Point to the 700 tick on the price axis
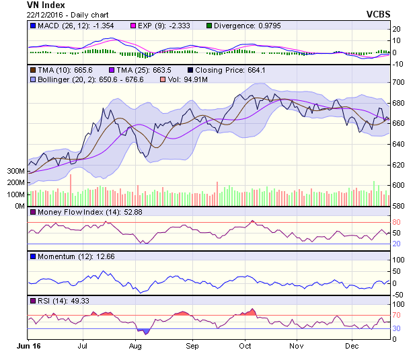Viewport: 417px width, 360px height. [x=399, y=82]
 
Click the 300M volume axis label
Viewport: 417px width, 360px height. [x=16, y=172]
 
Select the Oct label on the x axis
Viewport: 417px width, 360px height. [x=245, y=346]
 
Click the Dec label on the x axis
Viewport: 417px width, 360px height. [x=351, y=346]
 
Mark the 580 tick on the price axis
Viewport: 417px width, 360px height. [x=399, y=206]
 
